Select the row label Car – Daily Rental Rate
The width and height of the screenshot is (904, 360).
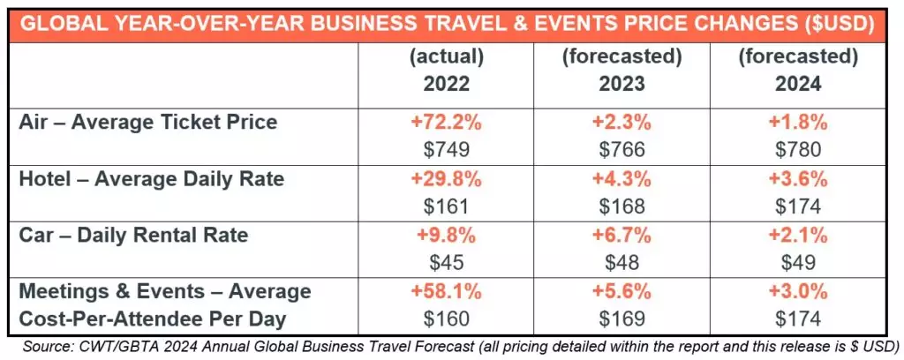133,236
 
